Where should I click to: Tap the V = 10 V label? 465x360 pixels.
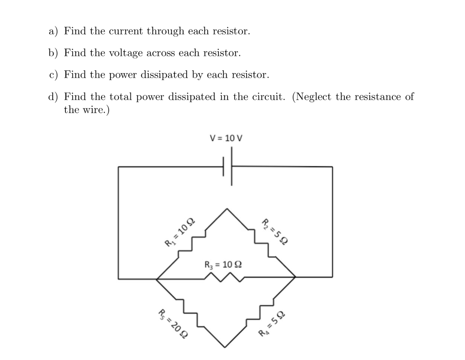click(226, 138)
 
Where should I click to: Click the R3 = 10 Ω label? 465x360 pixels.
click(223, 264)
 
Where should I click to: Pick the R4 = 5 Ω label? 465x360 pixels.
click(272, 323)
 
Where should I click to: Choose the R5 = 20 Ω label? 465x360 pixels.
click(173, 324)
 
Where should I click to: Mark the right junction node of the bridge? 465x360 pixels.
click(295, 276)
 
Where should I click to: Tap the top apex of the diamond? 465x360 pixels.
click(227, 208)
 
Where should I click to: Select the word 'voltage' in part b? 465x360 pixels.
click(126, 53)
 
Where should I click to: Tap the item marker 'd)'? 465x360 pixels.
click(54, 97)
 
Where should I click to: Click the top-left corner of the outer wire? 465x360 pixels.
click(119, 167)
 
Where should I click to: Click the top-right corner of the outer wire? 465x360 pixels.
click(332, 167)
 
